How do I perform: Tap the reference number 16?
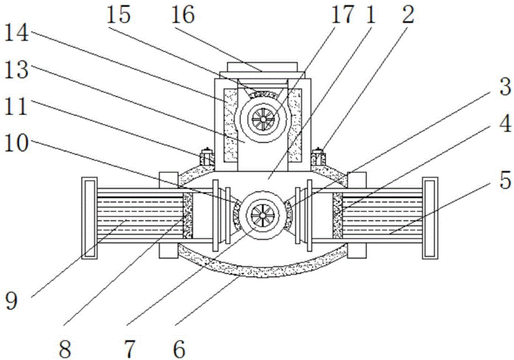point(183,15)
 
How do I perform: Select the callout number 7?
point(130,349)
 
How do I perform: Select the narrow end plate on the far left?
point(89,217)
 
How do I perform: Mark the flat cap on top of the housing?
point(263,67)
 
